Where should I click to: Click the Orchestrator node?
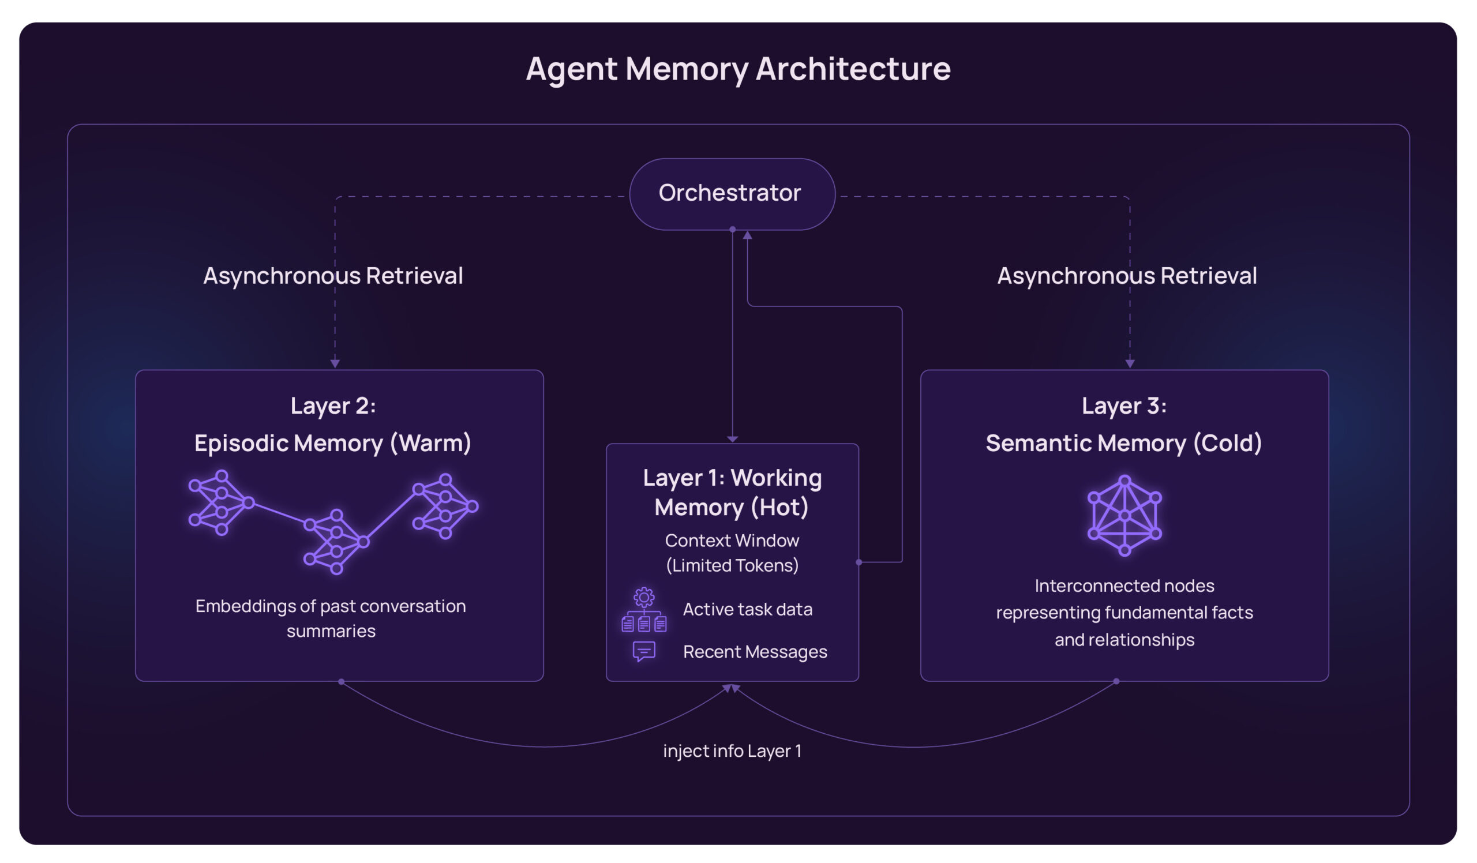[x=732, y=193]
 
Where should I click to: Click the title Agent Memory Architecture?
[x=738, y=69]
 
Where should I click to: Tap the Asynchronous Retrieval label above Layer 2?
[x=333, y=276]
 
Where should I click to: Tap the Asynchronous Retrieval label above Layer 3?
[x=1127, y=276]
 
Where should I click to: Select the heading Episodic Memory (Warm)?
[x=333, y=443]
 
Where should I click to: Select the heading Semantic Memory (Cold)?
[x=1123, y=443]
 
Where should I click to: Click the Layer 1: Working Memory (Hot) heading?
[x=732, y=492]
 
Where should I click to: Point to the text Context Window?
[x=732, y=540]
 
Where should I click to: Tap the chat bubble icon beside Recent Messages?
[x=643, y=651]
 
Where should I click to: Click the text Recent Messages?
[x=755, y=651]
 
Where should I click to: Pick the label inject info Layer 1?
[x=732, y=751]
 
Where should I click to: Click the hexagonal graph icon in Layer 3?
[x=1124, y=516]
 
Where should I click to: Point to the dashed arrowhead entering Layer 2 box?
[x=335, y=364]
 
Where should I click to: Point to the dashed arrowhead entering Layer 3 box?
[x=1130, y=364]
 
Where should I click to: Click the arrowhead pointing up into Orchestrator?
[x=747, y=235]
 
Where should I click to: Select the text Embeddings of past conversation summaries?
[x=331, y=618]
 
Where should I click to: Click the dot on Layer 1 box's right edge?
[x=859, y=562]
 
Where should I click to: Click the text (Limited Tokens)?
[x=732, y=565]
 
